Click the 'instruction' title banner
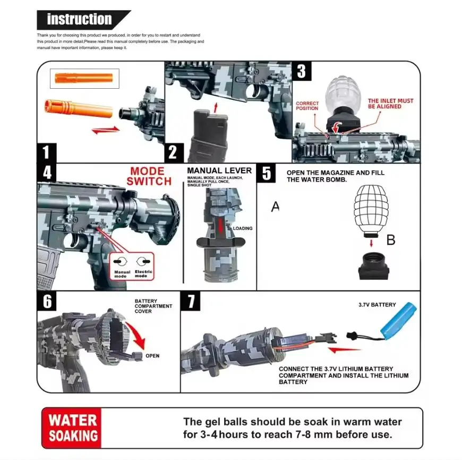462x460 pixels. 80,20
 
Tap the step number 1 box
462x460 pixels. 46,152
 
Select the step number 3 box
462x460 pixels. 301,71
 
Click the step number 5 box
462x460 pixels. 266,174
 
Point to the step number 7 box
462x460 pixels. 191,302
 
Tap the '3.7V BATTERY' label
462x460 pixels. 377,305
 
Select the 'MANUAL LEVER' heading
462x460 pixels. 212,170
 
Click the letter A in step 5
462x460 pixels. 275,207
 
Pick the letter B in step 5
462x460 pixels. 391,240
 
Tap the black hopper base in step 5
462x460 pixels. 373,266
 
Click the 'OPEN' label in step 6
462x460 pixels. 152,356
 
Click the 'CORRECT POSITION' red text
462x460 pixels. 307,106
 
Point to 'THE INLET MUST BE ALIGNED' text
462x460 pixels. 390,103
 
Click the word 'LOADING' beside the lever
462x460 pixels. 243,228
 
